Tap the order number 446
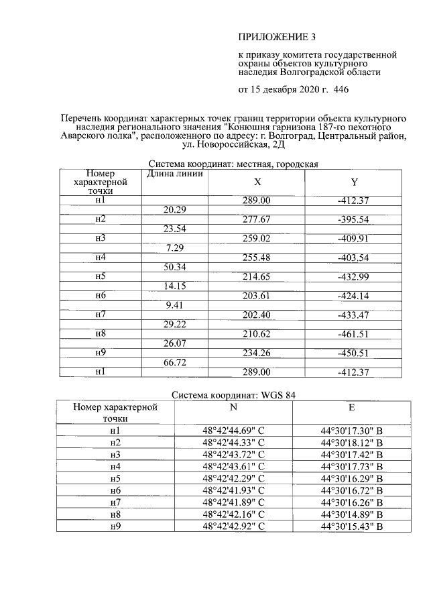341,89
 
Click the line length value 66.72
175,362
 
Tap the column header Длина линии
175,175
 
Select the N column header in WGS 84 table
233,406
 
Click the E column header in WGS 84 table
352,406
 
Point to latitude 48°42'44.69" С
234,430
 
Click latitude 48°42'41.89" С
234,502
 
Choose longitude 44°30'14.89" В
352,514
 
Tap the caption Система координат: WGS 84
233,395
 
